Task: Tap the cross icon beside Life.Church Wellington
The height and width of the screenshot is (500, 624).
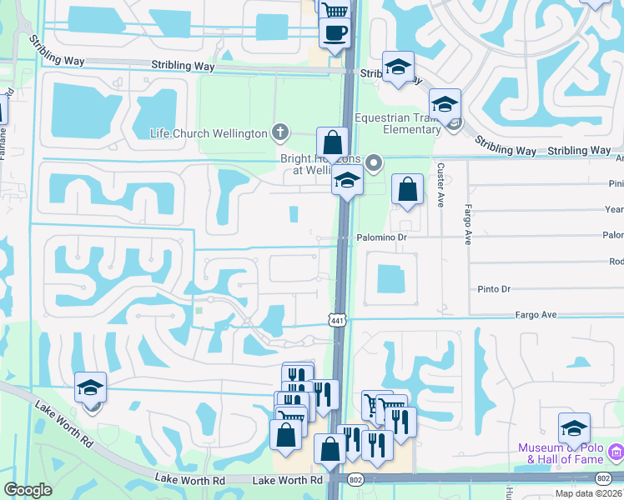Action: pyautogui.click(x=280, y=132)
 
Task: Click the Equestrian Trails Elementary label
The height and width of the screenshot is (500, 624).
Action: pyautogui.click(x=398, y=123)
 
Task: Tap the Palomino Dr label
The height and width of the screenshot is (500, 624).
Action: pyautogui.click(x=384, y=237)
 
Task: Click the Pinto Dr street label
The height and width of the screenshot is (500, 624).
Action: pyautogui.click(x=494, y=289)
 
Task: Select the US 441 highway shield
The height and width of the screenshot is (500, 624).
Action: pyautogui.click(x=336, y=321)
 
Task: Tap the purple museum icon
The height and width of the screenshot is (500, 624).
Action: pyautogui.click(x=616, y=452)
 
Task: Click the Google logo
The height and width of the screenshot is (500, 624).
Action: pyautogui.click(x=28, y=490)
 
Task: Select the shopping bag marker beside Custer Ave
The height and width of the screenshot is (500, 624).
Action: pyautogui.click(x=407, y=189)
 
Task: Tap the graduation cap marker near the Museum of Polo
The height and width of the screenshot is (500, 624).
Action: pyautogui.click(x=573, y=427)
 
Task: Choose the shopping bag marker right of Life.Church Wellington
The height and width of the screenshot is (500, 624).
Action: pyautogui.click(x=332, y=143)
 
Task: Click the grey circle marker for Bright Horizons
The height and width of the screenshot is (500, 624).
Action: pyautogui.click(x=375, y=162)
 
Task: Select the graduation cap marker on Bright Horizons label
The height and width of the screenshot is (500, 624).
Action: pyautogui.click(x=347, y=180)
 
